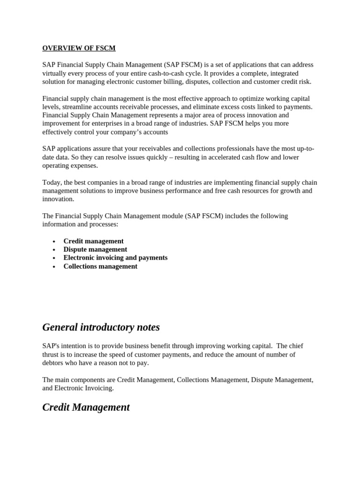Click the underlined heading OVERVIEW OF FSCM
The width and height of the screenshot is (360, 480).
(x=79, y=48)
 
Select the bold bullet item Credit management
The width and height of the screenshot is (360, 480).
(x=93, y=241)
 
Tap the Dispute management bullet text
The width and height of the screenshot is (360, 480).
(x=95, y=249)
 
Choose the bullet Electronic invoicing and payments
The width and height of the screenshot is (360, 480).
(x=115, y=258)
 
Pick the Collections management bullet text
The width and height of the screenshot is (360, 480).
(x=100, y=266)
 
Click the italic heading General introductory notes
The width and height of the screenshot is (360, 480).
(x=101, y=327)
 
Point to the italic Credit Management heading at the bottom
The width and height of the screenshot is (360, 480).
(x=86, y=407)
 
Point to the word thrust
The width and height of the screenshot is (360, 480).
(x=51, y=354)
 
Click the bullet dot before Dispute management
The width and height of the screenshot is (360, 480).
(x=54, y=250)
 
